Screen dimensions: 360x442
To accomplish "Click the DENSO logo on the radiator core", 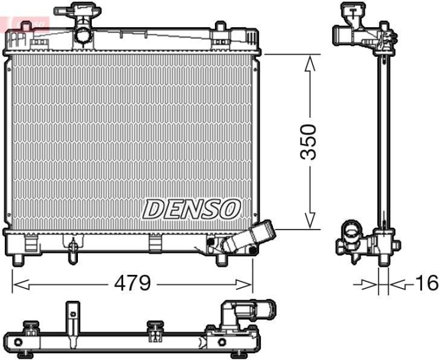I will point(192,210).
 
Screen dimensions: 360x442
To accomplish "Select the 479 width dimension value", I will point(132,284).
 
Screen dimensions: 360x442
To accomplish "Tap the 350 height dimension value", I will point(310,142).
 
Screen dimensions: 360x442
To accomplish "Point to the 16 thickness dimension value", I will point(427,283).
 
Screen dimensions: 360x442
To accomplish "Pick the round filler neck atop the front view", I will point(83,33).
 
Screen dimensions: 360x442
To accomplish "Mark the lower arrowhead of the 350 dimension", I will point(311,221).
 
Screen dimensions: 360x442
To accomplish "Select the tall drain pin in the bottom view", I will point(71,321).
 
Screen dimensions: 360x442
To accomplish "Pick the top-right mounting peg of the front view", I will point(220,30).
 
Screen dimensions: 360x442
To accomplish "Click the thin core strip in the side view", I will point(383,138).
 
